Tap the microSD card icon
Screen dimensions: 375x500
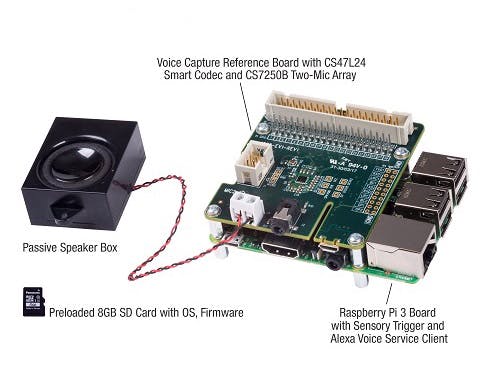click(32, 302)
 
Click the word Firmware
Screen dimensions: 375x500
click(219, 312)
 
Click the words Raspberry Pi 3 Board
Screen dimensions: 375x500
click(387, 311)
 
